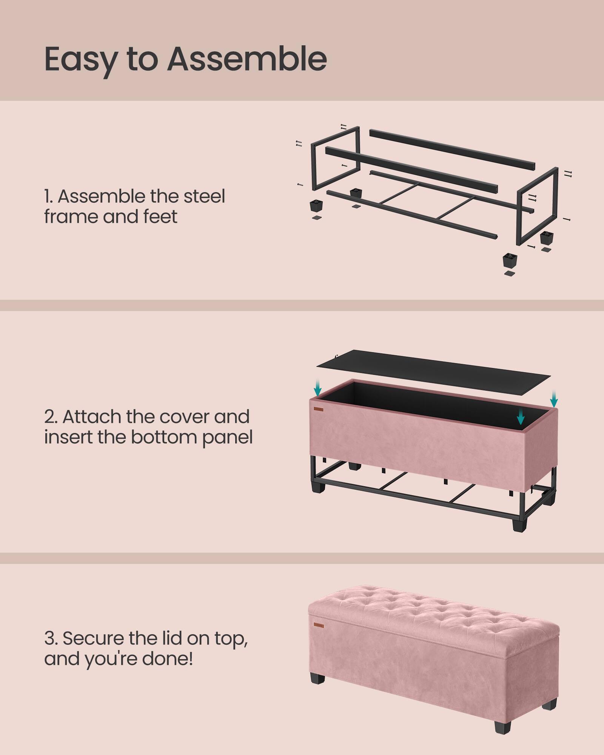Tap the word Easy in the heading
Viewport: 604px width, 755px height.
click(80, 60)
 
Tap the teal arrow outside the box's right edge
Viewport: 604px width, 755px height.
click(554, 399)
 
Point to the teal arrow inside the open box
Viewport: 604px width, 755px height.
click(521, 416)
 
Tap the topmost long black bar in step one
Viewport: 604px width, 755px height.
click(451, 149)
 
